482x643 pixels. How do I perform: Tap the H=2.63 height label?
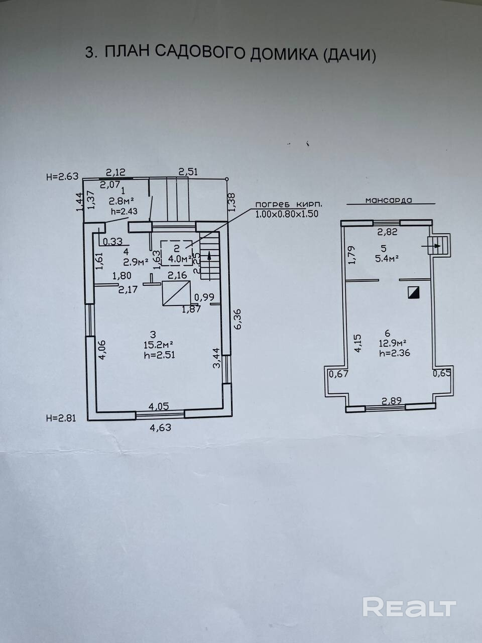(62, 176)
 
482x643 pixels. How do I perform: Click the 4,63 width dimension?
(159, 428)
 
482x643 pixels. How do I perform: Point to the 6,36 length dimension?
(238, 319)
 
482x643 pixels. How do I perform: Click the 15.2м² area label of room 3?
(159, 345)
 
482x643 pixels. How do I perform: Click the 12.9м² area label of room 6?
(393, 343)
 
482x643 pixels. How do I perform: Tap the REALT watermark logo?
(409, 607)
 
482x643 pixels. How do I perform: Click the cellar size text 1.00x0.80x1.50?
(287, 214)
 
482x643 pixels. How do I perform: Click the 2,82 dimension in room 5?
(387, 232)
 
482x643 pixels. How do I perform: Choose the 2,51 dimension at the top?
(188, 172)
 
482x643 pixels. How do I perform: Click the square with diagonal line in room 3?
(176, 293)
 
